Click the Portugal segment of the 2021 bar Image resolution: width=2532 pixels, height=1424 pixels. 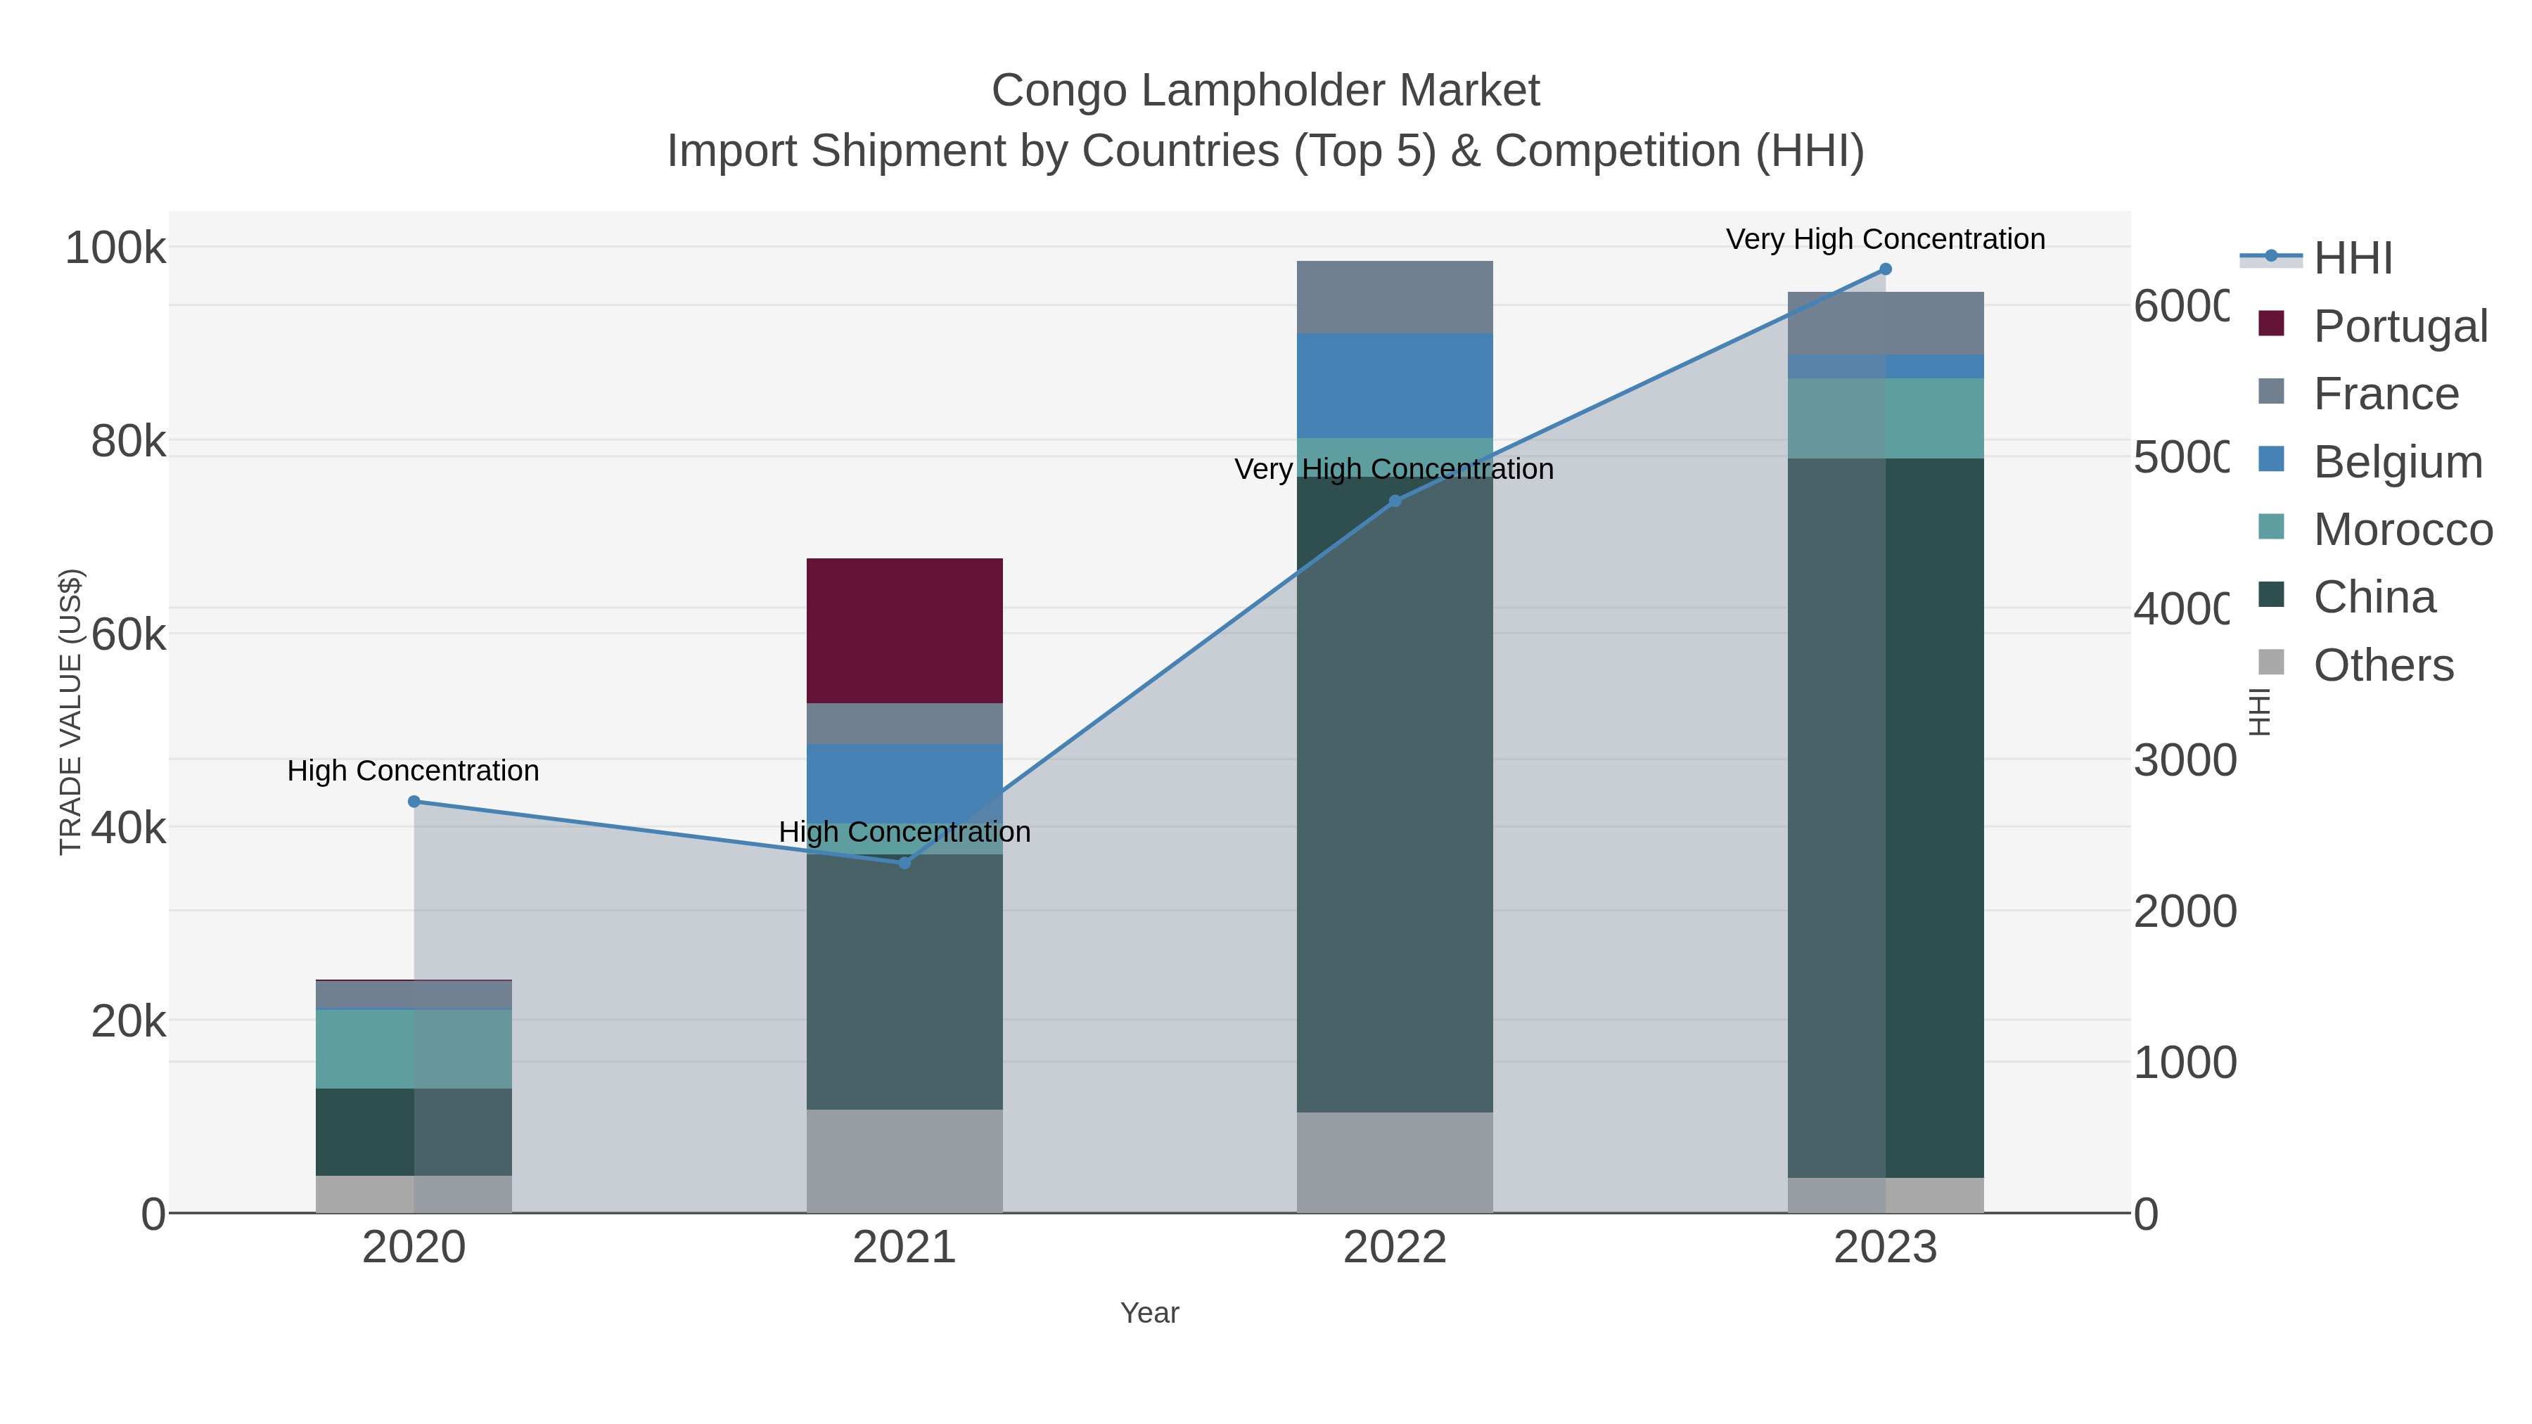coord(904,630)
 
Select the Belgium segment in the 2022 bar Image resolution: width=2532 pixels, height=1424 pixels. coord(1394,385)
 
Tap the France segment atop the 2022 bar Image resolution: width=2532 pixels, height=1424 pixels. coord(1394,297)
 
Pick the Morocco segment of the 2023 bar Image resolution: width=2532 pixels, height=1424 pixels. coord(1885,418)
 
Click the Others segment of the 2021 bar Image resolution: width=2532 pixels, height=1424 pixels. coord(904,1160)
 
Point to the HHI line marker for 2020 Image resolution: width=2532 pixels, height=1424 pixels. coord(414,802)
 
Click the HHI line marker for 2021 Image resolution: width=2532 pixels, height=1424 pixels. coord(904,863)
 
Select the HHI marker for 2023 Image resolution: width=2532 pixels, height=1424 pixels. coord(1885,269)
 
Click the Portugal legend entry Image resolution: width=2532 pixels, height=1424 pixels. coord(2398,326)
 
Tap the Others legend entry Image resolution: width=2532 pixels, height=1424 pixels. coord(2383,665)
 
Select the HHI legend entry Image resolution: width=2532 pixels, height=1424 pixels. coord(2351,259)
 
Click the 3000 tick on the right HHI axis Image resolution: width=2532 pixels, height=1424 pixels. coord(2184,761)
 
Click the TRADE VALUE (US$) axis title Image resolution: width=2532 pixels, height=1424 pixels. coord(71,712)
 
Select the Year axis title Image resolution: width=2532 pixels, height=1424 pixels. coord(1149,1313)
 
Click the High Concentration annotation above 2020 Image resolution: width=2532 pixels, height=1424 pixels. coord(414,771)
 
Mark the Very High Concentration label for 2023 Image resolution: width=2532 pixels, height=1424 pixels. coord(1885,240)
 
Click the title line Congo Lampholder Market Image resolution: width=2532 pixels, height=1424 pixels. coord(1265,91)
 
